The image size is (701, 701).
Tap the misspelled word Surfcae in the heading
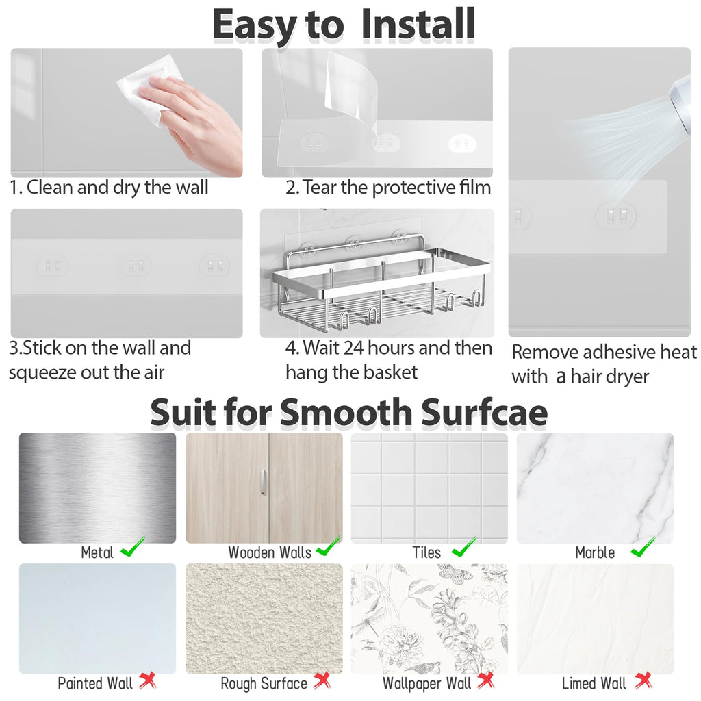[x=484, y=411]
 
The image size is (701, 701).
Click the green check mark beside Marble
[x=643, y=546]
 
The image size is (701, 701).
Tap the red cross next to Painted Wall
[x=148, y=680]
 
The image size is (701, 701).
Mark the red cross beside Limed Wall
[x=643, y=680]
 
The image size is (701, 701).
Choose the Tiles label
[x=426, y=552]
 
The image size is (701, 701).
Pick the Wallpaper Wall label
[x=427, y=684]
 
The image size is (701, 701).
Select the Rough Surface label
[x=264, y=684]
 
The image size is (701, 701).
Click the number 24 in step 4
[x=354, y=348]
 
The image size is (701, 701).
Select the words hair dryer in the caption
[x=610, y=377]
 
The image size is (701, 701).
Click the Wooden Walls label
[x=270, y=552]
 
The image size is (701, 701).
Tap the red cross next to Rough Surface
[x=322, y=680]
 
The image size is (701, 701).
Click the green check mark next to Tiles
[x=463, y=546]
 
